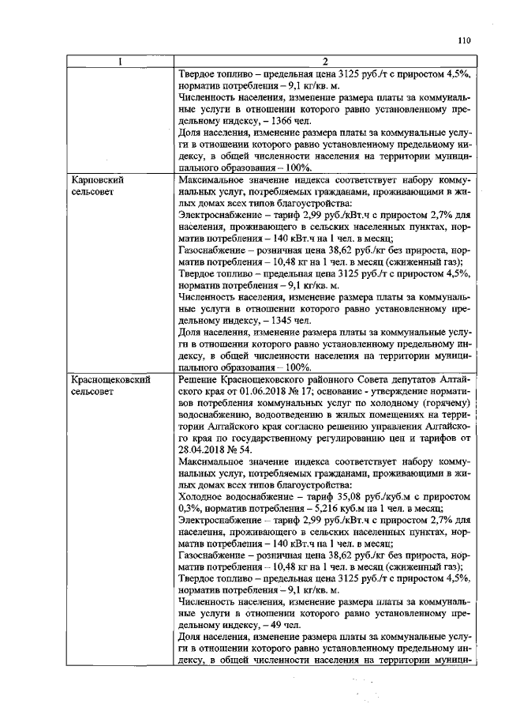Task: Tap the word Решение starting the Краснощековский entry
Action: click(x=200, y=380)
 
